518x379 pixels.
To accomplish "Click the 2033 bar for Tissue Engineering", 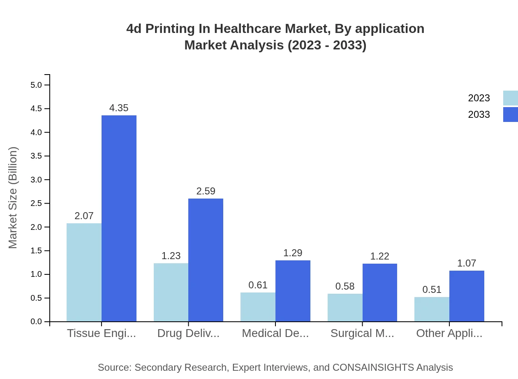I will (x=119, y=218).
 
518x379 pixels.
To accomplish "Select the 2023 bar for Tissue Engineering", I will (x=84, y=272).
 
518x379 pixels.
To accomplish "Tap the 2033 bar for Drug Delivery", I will (x=206, y=260).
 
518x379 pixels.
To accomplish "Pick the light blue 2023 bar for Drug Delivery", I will (x=171, y=292).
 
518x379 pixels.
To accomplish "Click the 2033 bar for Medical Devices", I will (x=293, y=291).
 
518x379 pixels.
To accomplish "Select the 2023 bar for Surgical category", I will (x=345, y=307).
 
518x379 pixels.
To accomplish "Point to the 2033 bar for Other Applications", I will (x=467, y=296).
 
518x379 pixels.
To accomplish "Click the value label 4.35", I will (x=119, y=108).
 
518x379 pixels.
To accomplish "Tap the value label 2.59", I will (x=206, y=191).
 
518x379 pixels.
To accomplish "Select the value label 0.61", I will (x=258, y=285).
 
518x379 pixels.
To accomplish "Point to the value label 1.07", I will (x=467, y=263).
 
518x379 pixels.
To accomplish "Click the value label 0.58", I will (x=345, y=286).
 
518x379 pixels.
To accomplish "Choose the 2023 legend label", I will (x=479, y=98).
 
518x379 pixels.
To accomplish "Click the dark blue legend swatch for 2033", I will (x=510, y=115).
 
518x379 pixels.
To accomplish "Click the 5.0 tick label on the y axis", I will (x=36, y=85).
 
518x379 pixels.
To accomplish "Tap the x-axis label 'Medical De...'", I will (x=275, y=333).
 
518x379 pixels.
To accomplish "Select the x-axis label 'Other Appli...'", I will (x=449, y=333).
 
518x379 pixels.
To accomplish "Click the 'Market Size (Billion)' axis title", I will (x=13, y=198).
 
